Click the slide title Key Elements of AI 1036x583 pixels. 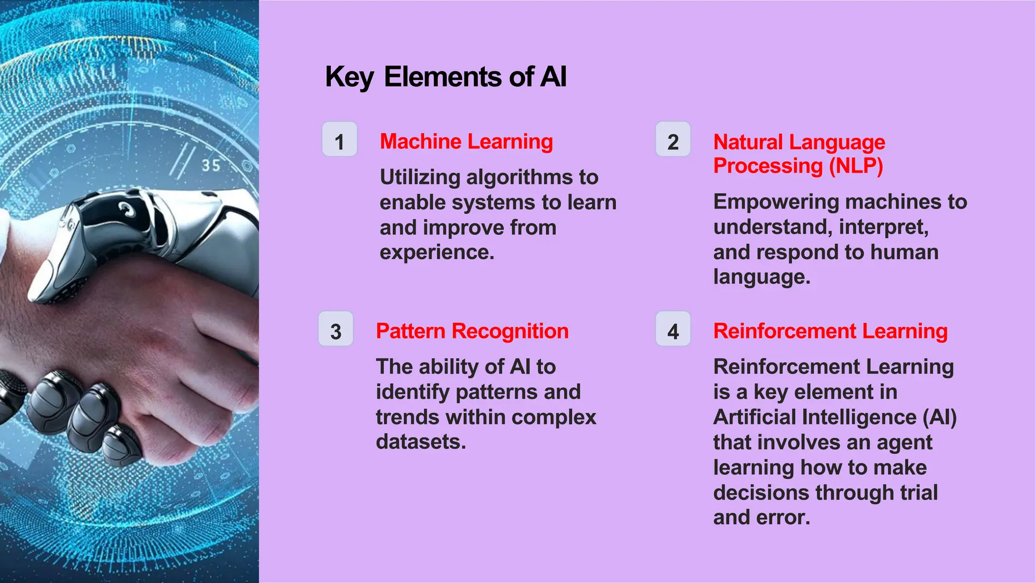pyautogui.click(x=446, y=77)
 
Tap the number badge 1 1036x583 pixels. pyautogui.click(x=339, y=139)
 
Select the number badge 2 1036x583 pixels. pyautogui.click(x=673, y=139)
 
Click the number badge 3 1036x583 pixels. pyautogui.click(x=336, y=329)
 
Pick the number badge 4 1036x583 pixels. pyautogui.click(x=673, y=329)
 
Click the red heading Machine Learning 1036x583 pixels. pyautogui.click(x=466, y=142)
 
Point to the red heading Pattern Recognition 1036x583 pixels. pyautogui.click(x=472, y=331)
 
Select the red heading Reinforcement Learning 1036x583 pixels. pyautogui.click(x=831, y=331)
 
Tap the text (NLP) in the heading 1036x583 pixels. pyautogui.click(x=856, y=166)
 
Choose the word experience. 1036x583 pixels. pyautogui.click(x=437, y=253)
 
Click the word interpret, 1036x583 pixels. pyautogui.click(x=884, y=227)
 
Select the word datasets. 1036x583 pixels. pyautogui.click(x=421, y=442)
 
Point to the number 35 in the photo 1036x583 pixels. pyautogui.click(x=211, y=165)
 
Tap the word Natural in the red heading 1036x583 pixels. pyautogui.click(x=748, y=142)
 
